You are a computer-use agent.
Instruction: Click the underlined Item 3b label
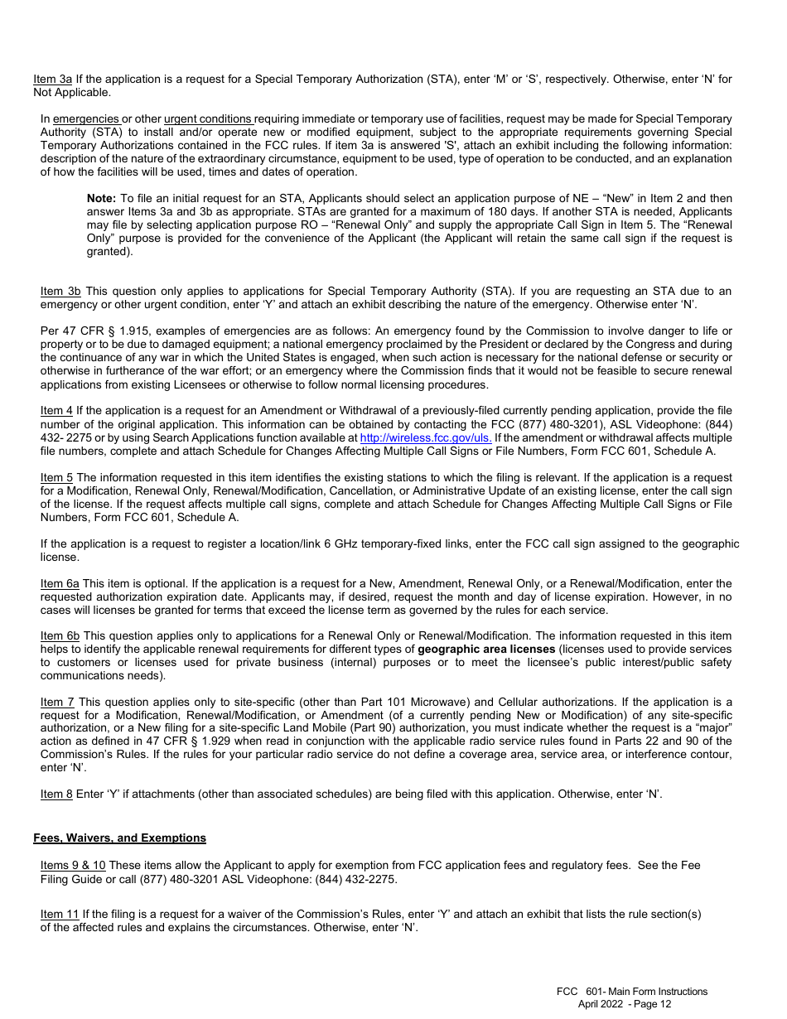click(60, 291)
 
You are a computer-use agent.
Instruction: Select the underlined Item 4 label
click(56, 411)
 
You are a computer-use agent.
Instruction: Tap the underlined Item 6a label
click(60, 584)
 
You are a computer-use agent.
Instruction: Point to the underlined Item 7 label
click(57, 702)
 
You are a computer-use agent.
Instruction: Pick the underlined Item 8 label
click(56, 794)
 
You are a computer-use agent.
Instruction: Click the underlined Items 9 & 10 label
click(73, 866)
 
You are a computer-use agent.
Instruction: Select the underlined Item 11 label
click(60, 915)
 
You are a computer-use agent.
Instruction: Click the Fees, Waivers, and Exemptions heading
click(119, 838)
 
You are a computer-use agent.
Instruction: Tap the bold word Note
click(101, 199)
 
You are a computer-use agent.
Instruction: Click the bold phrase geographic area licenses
click(486, 649)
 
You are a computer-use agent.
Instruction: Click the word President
click(514, 344)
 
